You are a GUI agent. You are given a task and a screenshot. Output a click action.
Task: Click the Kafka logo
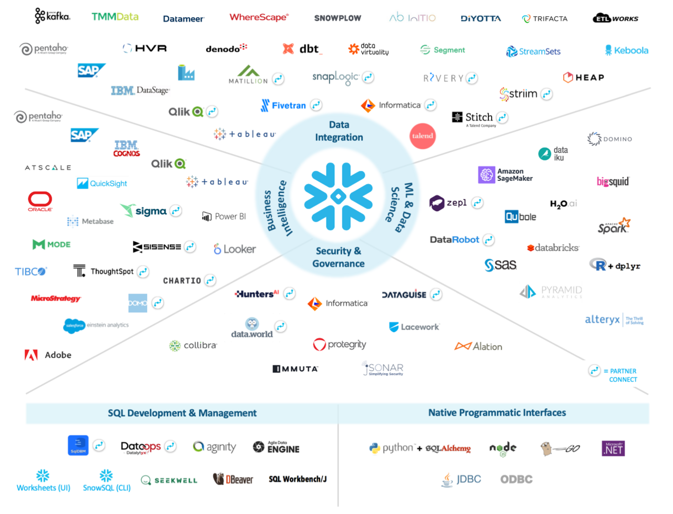click(x=52, y=16)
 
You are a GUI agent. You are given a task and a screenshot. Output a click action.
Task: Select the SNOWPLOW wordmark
click(x=338, y=18)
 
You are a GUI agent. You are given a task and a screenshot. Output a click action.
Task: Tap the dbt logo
click(x=303, y=49)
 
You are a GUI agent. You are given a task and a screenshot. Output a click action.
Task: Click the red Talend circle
click(x=422, y=136)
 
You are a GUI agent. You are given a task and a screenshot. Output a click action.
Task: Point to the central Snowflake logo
click(x=338, y=197)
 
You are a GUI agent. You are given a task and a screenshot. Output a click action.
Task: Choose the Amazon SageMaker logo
click(x=505, y=174)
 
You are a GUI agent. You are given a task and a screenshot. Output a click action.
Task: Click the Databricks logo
click(x=553, y=248)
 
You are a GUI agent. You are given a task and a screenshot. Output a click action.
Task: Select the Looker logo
click(x=234, y=249)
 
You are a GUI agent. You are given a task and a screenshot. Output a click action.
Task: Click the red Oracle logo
click(x=40, y=201)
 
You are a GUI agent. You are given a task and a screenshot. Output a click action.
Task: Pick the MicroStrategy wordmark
click(x=55, y=299)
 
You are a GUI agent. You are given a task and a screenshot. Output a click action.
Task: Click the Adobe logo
click(x=48, y=355)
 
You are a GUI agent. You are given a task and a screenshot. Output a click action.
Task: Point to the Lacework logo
click(x=414, y=327)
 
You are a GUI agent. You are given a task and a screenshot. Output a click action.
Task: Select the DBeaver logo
click(x=233, y=479)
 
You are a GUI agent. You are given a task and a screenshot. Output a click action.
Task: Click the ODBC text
click(x=516, y=479)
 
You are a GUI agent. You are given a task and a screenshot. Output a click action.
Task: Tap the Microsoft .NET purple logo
click(x=613, y=448)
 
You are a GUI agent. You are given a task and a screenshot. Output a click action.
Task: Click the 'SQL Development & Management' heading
click(x=182, y=413)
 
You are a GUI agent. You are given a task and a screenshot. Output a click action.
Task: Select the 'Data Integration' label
click(x=339, y=131)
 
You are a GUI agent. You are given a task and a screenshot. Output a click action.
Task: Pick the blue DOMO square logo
click(x=138, y=303)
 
